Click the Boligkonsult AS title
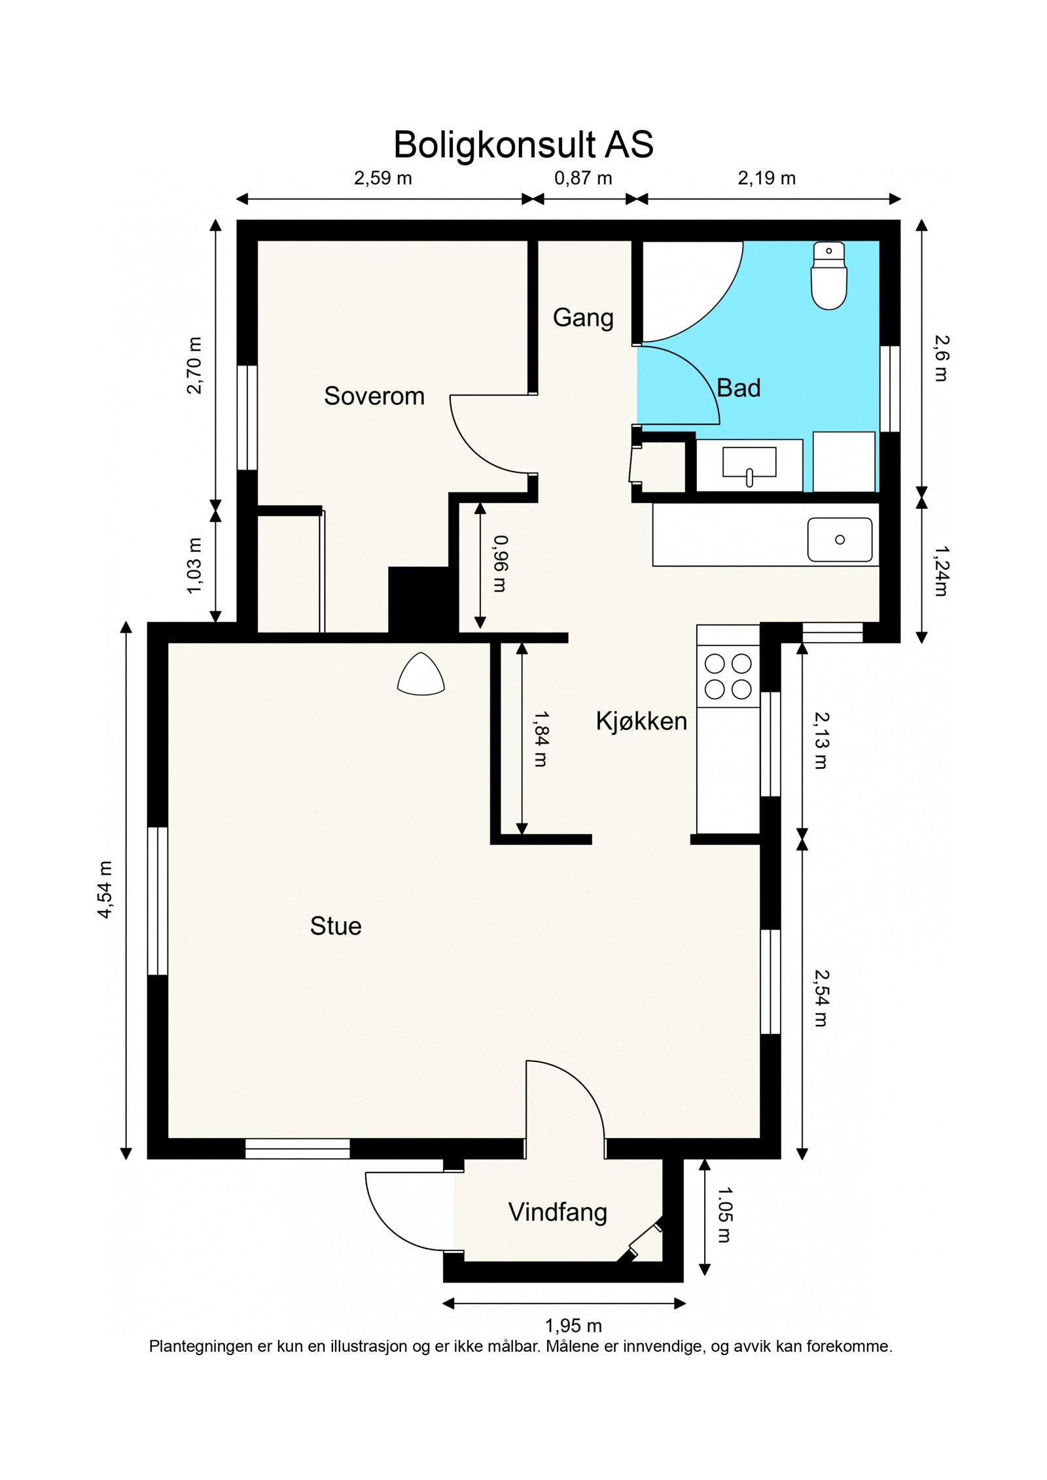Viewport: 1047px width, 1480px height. click(x=523, y=145)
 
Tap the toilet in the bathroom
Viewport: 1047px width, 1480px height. click(x=829, y=275)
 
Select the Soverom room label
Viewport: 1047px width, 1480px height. click(x=374, y=396)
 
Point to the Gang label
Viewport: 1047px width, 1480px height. click(x=583, y=318)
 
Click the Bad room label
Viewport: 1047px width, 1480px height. click(x=739, y=388)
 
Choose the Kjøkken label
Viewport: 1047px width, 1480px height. click(x=641, y=721)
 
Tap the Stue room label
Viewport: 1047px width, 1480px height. click(x=336, y=926)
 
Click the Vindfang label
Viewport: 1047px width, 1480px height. click(x=558, y=1213)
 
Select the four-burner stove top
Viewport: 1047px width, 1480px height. click(x=728, y=677)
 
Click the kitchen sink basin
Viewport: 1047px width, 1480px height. click(x=840, y=540)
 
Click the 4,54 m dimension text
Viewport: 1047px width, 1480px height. click(x=105, y=889)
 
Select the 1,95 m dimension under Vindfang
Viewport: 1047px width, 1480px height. click(x=573, y=1326)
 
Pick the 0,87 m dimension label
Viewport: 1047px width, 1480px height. click(x=583, y=178)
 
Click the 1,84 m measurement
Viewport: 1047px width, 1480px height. click(x=539, y=739)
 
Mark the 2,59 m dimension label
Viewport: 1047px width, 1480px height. click(x=383, y=178)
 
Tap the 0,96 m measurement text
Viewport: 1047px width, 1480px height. click(x=499, y=564)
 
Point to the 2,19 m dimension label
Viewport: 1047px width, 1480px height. click(x=767, y=178)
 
